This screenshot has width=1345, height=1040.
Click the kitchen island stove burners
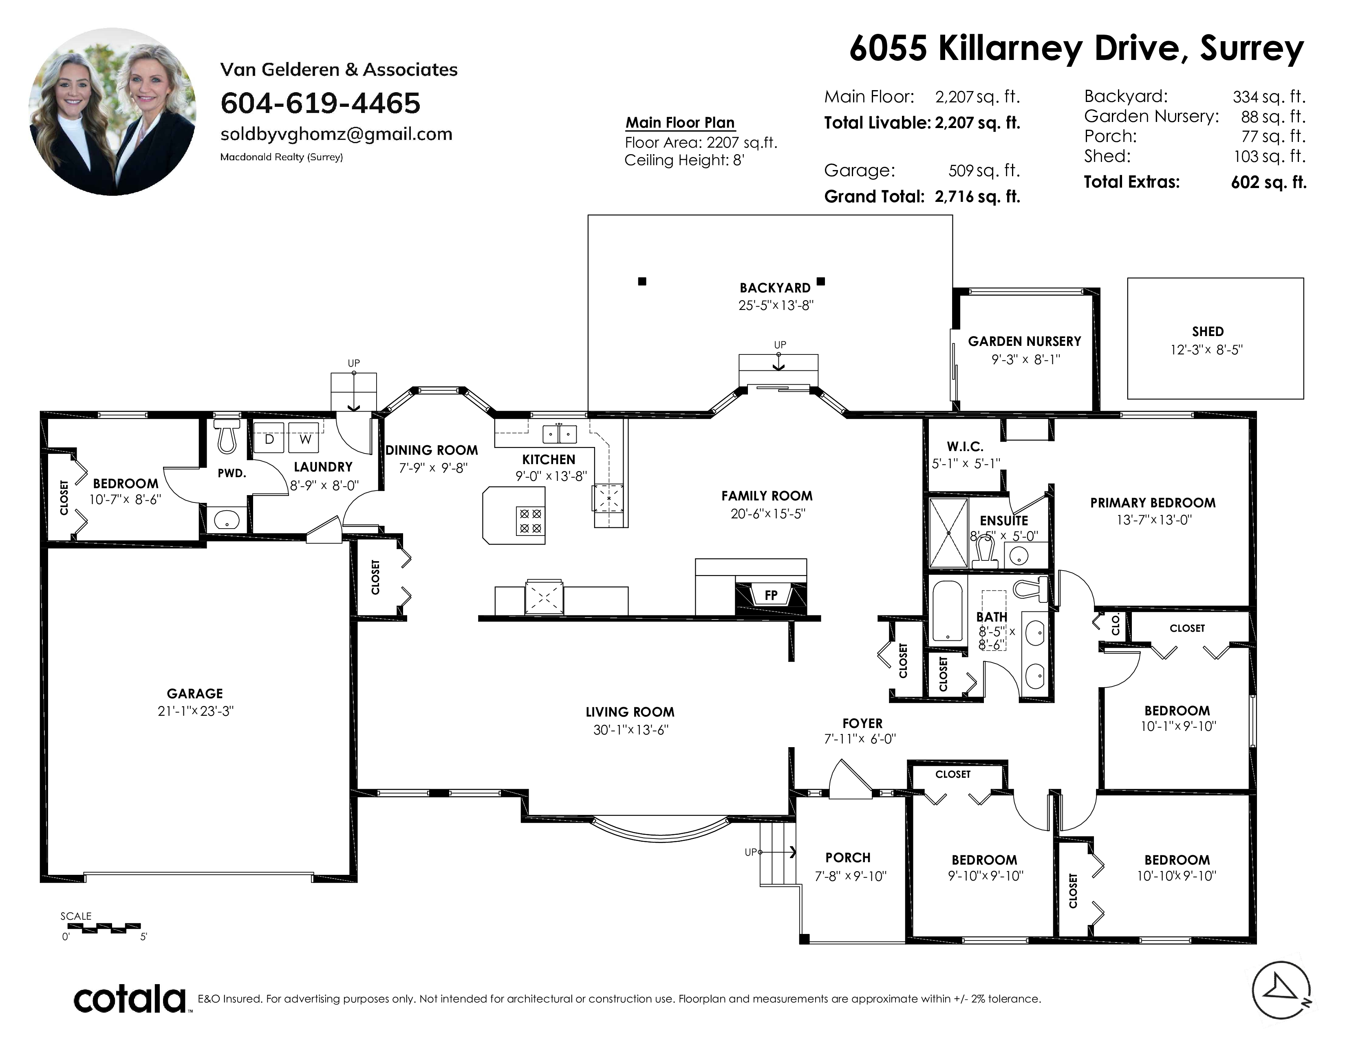click(x=530, y=521)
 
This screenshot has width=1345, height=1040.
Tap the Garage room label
click(x=194, y=694)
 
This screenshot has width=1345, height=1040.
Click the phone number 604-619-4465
click(x=320, y=103)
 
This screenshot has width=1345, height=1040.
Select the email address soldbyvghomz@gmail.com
click(x=336, y=134)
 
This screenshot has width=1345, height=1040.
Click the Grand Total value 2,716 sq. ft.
click(x=977, y=197)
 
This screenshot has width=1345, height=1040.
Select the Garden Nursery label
click(x=1024, y=341)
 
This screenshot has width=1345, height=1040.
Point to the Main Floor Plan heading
click(x=680, y=123)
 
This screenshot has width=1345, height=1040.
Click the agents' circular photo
click(x=113, y=111)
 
